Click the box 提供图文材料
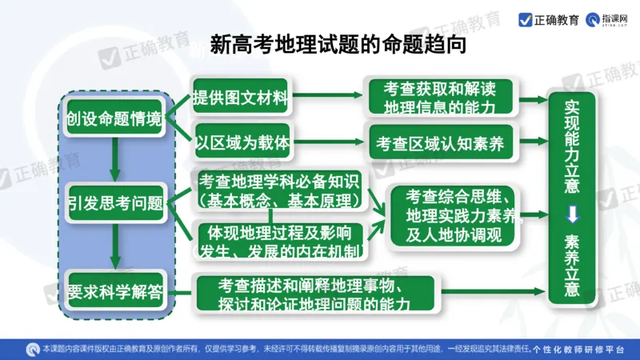239,99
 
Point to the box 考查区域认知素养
439,144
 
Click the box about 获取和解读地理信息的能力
439,97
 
